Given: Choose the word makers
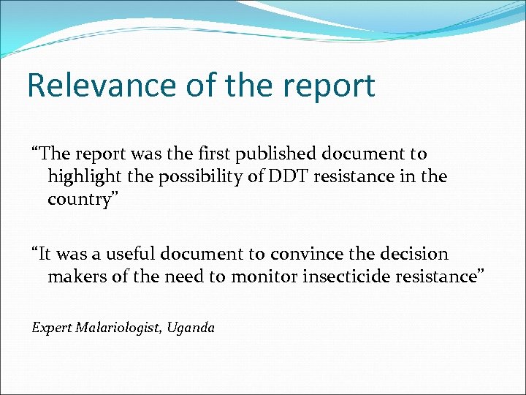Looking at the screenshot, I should coord(74,276).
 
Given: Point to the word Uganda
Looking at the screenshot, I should coord(191,328).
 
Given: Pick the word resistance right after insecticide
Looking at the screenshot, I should coord(445,276).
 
